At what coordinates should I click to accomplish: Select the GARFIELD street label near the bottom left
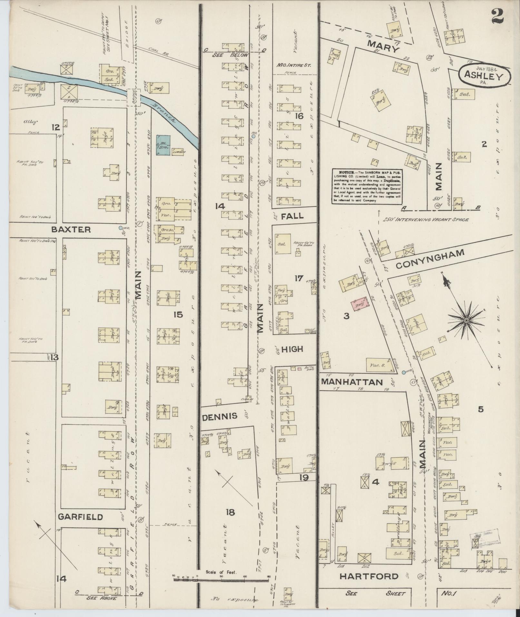coord(80,517)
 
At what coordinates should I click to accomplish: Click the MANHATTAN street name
coord(352,382)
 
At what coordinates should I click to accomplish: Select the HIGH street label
coord(292,349)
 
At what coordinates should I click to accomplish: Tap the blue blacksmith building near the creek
coord(163,145)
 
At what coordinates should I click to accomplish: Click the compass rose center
coord(466,320)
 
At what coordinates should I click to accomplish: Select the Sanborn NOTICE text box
coord(368,186)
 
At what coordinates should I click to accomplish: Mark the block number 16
coord(299,116)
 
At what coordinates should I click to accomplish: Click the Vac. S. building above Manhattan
coord(378,365)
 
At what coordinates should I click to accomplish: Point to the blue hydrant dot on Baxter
coord(121,228)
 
